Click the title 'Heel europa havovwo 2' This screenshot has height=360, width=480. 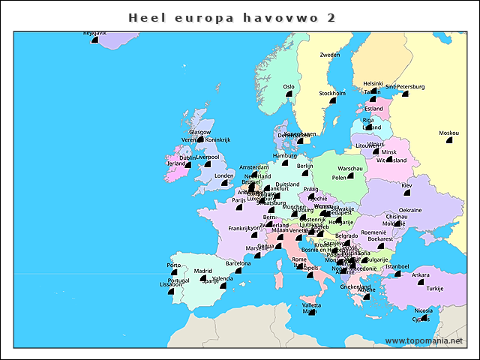232,16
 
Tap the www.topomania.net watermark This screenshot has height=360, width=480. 424,341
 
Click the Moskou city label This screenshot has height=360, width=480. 448,133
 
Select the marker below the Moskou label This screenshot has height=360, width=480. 450,140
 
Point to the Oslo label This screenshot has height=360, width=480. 289,87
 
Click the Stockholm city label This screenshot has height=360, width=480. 332,94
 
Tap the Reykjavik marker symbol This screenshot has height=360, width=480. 95,40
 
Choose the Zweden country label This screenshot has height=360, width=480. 330,55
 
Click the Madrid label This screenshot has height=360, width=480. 203,271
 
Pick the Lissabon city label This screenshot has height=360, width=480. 171,285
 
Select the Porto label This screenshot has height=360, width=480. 174,265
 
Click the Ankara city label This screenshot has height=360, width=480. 421,275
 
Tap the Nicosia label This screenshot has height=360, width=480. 424,310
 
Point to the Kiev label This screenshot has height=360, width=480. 406,185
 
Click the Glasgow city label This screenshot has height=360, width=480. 199,132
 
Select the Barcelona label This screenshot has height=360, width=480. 238,263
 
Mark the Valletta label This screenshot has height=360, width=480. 311,305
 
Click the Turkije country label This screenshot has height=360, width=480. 435,289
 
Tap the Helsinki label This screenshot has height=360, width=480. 373,84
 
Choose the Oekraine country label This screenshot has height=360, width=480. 409,210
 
